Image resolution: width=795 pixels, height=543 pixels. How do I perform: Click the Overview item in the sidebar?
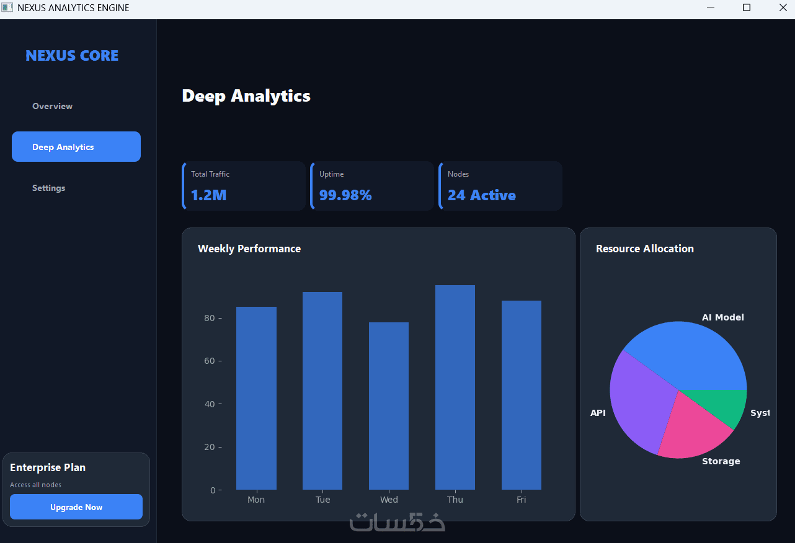coord(53,106)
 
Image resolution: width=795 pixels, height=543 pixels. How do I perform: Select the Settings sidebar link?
coord(49,188)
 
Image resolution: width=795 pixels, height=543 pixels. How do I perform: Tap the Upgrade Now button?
coord(76,507)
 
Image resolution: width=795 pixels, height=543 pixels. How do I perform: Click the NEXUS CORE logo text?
coord(72,56)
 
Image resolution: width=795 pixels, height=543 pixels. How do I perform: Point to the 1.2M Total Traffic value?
coord(208,195)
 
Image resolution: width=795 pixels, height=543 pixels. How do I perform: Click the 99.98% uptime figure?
coord(345,195)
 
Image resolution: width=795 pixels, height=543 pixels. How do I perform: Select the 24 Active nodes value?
coord(482,195)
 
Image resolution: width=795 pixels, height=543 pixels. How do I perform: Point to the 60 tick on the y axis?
coord(209,361)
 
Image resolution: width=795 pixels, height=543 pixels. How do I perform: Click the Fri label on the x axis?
coord(522,500)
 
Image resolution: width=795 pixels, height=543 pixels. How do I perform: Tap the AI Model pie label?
coord(722,317)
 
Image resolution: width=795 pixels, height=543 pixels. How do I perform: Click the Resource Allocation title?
coord(645,249)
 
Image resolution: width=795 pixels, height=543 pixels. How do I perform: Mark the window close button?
coord(783,8)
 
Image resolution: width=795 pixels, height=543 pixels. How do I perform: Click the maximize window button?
coord(747,8)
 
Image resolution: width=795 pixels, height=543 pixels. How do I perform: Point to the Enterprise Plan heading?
coord(48,467)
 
